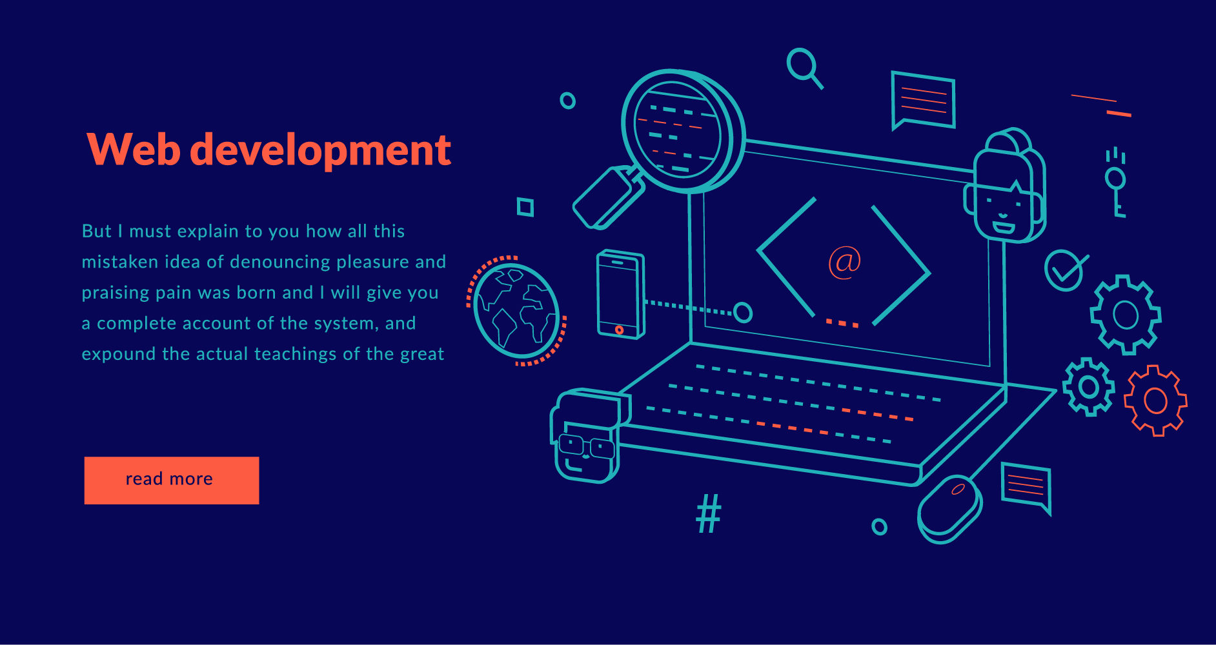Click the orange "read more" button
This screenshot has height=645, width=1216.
[172, 481]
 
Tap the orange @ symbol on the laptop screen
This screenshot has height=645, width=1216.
[845, 263]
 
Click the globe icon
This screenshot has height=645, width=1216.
[516, 310]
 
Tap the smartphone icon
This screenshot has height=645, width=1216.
[620, 294]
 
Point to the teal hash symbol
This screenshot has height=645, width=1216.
[709, 513]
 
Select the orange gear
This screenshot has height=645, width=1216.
[1155, 401]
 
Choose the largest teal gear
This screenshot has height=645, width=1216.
[1126, 315]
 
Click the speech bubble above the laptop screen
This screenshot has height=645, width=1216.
[923, 100]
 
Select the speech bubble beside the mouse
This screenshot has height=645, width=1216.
[1026, 487]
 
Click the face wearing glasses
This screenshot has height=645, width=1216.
[587, 437]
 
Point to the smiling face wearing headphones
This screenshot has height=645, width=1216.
[1006, 188]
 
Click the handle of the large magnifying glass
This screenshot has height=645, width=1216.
[608, 197]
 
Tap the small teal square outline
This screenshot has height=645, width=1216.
[525, 207]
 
